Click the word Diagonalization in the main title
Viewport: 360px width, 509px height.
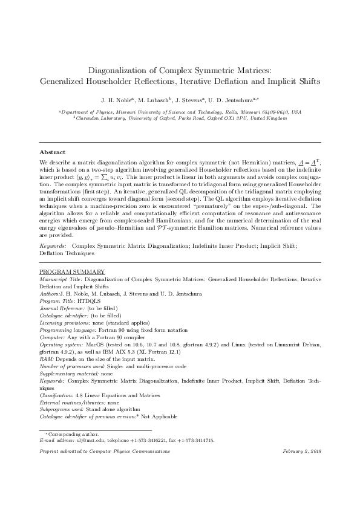116,70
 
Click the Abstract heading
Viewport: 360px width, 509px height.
52,152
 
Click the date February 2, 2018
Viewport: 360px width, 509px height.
301,452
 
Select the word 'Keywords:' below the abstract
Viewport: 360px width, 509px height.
53,247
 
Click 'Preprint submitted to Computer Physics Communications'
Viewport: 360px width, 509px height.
99,452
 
